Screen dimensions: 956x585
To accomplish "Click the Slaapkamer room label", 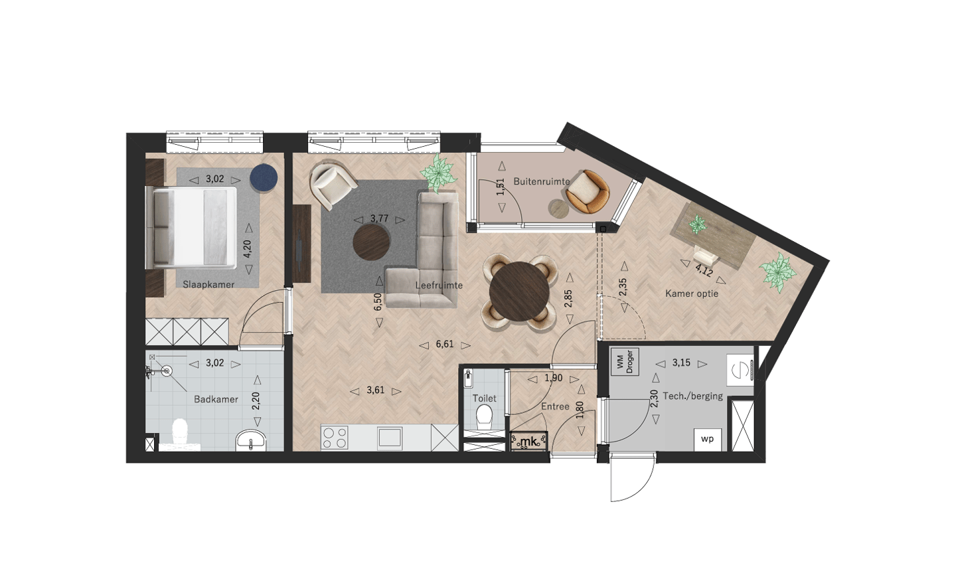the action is [208, 284].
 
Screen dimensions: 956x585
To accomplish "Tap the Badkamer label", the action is [216, 399].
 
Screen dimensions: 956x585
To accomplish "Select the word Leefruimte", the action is [439, 286].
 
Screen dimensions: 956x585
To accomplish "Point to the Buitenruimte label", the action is [542, 181].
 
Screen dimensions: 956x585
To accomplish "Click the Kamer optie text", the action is [692, 293].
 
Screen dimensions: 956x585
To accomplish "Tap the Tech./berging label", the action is [693, 396].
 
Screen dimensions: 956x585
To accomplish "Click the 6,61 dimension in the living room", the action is [445, 345].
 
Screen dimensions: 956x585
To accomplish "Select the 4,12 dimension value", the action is [704, 271].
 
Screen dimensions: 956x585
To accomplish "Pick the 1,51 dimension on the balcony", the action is [501, 187].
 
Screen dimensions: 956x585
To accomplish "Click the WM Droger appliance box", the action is [624, 362].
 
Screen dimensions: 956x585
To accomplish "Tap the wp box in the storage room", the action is [707, 440].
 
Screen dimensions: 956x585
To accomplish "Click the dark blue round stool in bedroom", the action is [264, 178].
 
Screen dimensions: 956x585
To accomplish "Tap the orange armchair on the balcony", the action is [586, 192].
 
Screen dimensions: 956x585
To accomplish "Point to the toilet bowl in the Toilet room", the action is [484, 417].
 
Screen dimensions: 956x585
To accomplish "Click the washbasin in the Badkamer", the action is [250, 441].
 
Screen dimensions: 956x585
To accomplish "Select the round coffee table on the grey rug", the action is [371, 242].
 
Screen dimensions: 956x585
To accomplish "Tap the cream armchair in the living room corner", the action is [333, 186].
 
